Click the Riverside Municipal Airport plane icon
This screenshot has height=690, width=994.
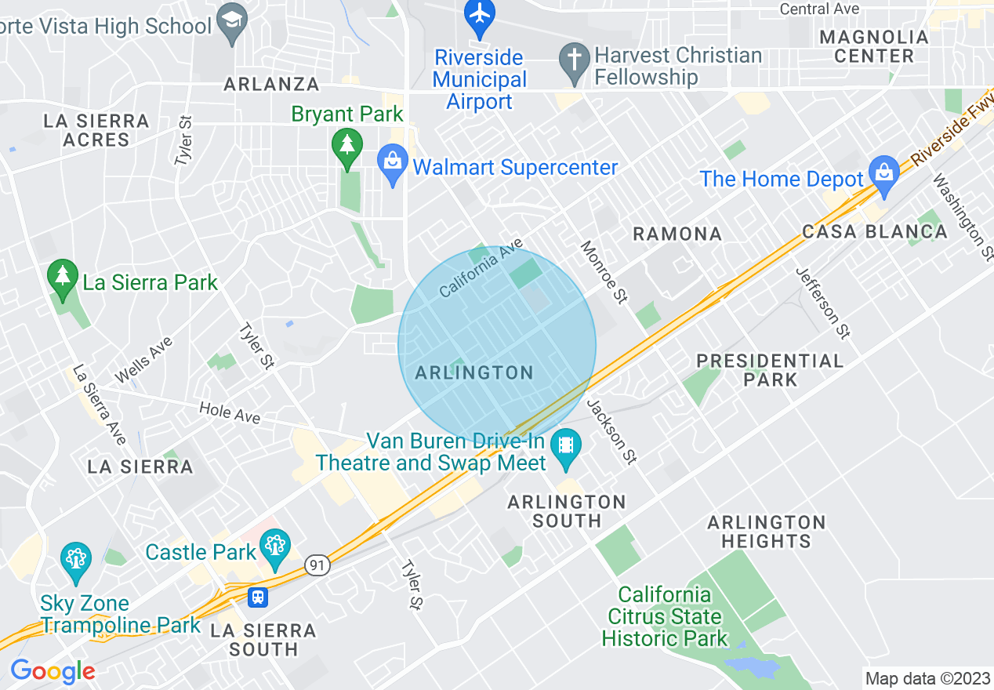[x=480, y=15]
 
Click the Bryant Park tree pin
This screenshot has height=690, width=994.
[x=346, y=148]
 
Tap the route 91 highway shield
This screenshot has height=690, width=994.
[x=317, y=565]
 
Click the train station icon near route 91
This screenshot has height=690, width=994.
[x=257, y=597]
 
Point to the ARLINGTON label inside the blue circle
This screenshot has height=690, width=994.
[x=474, y=372]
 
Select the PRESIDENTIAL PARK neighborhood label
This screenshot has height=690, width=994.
[x=770, y=370]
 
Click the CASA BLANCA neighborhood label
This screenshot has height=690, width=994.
[x=874, y=232]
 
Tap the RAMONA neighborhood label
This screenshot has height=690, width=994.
[x=677, y=234]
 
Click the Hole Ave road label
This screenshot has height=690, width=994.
[x=229, y=412]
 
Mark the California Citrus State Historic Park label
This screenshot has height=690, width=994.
[x=665, y=616]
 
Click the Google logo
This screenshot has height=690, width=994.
[x=53, y=671]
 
